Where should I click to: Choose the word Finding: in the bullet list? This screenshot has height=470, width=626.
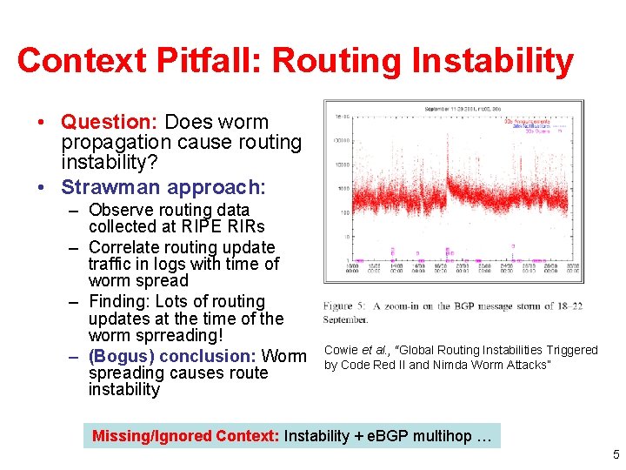click(119, 302)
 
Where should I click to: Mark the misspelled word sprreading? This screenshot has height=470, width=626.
click(179, 335)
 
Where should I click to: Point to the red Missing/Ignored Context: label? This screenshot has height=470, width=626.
click(186, 436)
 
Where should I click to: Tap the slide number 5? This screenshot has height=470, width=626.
click(616, 454)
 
